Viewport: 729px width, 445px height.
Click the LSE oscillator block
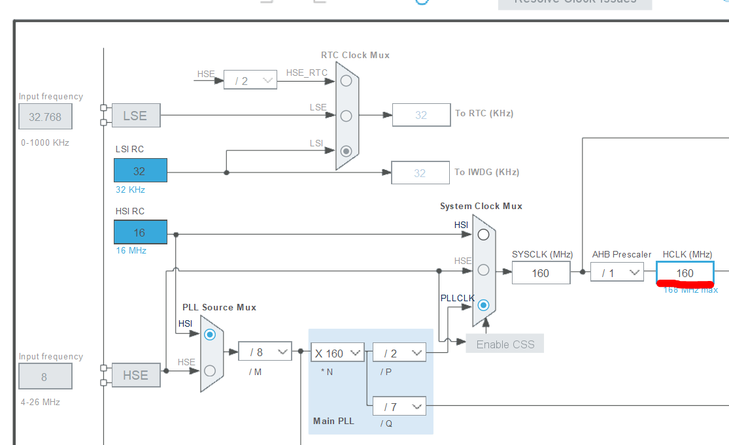(135, 116)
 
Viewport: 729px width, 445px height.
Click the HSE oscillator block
(135, 375)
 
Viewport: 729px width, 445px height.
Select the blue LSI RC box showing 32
(140, 171)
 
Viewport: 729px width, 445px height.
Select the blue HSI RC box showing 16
(140, 233)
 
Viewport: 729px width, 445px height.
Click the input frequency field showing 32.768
(45, 117)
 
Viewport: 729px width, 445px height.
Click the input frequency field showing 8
(45, 377)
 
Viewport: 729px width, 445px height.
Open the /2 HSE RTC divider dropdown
(250, 80)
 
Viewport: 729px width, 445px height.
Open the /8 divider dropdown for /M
(264, 352)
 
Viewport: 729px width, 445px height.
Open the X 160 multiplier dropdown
(337, 353)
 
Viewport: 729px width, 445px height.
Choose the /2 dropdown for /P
(399, 353)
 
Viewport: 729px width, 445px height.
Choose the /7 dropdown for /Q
(399, 406)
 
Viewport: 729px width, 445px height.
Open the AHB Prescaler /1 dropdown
(617, 272)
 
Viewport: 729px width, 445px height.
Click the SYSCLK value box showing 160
(540, 273)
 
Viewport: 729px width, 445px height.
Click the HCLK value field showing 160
(685, 273)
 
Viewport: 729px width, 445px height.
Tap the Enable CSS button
(505, 344)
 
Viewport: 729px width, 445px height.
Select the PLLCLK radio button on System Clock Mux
(483, 305)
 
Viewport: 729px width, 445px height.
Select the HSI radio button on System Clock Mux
(483, 235)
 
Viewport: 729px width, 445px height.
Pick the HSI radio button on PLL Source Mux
(209, 334)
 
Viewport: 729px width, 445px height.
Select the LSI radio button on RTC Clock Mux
(346, 151)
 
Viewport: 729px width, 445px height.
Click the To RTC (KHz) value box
(420, 115)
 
